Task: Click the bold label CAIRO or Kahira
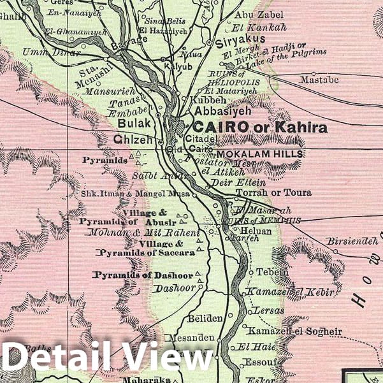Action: (x=261, y=127)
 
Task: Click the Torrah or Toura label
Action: (x=273, y=192)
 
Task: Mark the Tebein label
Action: (x=272, y=272)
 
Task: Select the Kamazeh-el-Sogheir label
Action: (x=295, y=332)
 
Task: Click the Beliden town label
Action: (x=205, y=318)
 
